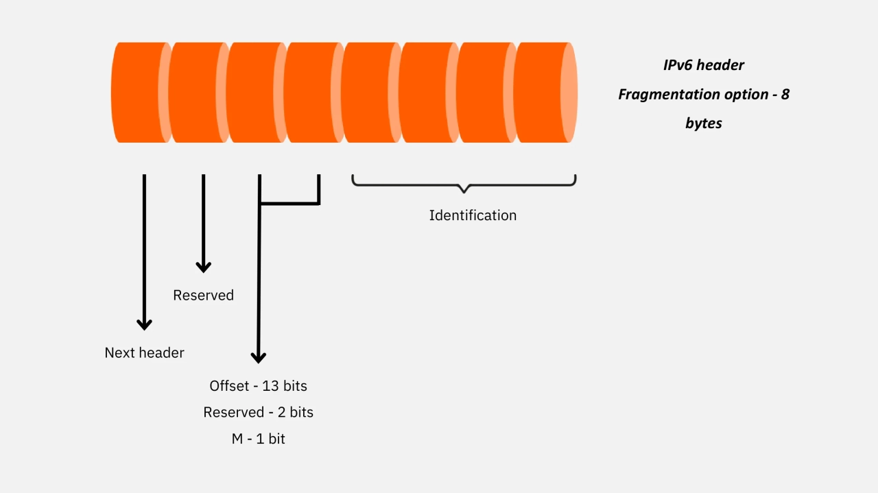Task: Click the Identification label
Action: click(x=473, y=215)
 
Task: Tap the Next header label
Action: click(x=144, y=352)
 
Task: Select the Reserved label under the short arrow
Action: click(x=203, y=295)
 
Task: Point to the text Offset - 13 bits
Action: click(x=258, y=385)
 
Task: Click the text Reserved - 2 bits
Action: click(x=258, y=412)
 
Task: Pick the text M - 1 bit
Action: click(x=258, y=439)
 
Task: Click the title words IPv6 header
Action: click(x=703, y=65)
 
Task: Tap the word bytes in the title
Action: click(x=703, y=123)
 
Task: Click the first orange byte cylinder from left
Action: click(x=137, y=93)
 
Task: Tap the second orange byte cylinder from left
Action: click(x=195, y=93)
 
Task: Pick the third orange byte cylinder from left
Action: click(x=252, y=93)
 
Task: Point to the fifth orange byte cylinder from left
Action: click(x=368, y=93)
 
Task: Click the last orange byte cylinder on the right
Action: click(x=538, y=93)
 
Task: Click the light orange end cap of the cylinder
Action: click(x=569, y=93)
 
